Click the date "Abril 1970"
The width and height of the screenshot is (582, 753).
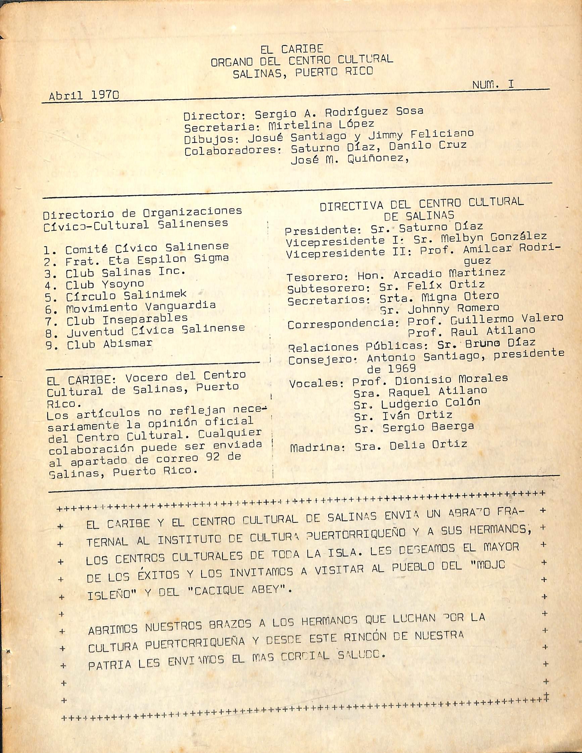coord(84,96)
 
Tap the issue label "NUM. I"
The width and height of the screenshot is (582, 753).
coord(493,85)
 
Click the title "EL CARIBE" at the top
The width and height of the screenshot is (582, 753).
coord(291,49)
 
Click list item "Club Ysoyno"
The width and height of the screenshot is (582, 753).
coord(104,285)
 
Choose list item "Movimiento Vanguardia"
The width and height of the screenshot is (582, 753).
coord(141,306)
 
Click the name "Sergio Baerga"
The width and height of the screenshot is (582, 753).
coord(428,427)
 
